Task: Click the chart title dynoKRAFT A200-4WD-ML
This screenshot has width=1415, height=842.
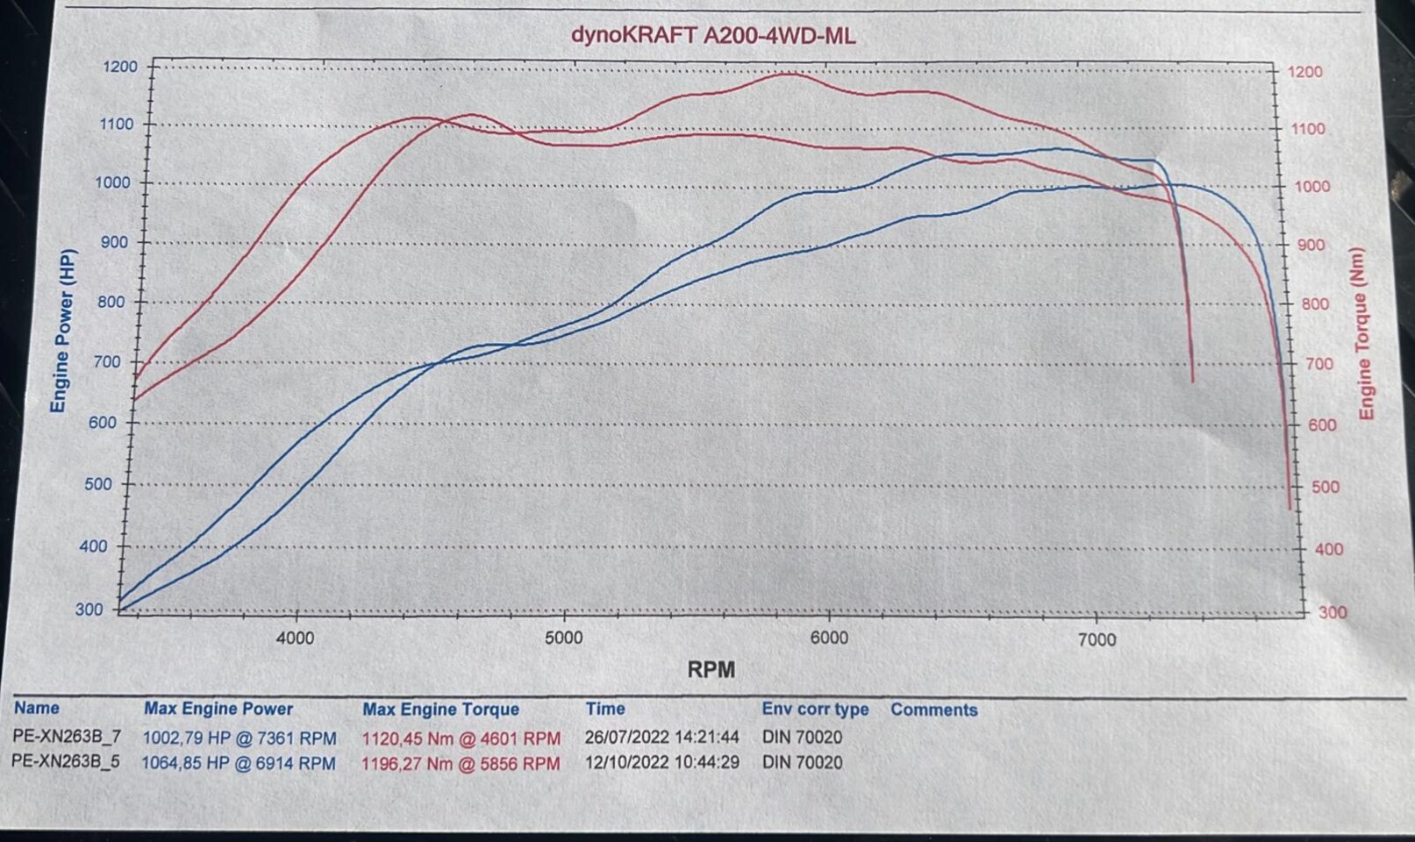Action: click(x=712, y=35)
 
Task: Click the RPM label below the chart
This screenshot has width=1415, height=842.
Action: click(x=711, y=670)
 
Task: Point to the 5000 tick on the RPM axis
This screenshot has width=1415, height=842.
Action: click(x=563, y=638)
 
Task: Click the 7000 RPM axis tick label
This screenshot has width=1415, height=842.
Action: click(x=1097, y=639)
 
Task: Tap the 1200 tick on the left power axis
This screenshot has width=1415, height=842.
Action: click(x=119, y=67)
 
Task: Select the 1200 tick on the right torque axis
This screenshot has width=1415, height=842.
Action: click(x=1305, y=72)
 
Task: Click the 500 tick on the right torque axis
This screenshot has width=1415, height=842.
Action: click(x=1325, y=487)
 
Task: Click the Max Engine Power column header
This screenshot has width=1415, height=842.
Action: click(x=218, y=709)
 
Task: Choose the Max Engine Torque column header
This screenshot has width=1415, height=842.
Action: click(x=440, y=710)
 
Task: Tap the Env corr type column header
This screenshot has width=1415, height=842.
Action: click(x=815, y=710)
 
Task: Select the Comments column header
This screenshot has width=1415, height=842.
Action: click(x=933, y=710)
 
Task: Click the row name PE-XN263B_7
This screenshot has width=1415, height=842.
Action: click(x=67, y=737)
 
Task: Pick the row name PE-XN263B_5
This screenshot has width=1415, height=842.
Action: click(x=66, y=762)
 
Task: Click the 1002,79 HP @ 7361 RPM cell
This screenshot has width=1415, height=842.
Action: click(x=239, y=738)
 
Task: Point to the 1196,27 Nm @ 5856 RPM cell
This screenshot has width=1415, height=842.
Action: click(x=461, y=764)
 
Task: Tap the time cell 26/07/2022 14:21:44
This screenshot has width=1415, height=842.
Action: click(x=661, y=738)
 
